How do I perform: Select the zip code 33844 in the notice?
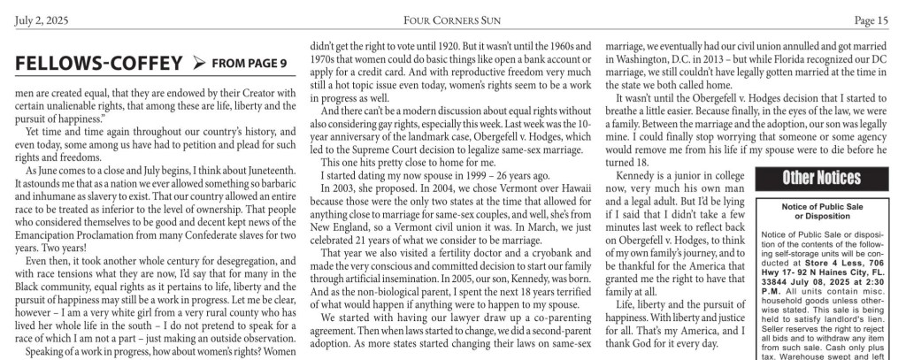coord(774,286)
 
